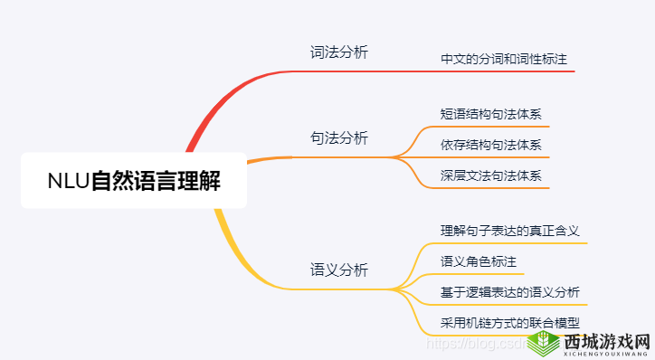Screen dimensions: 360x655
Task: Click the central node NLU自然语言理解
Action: [134, 180]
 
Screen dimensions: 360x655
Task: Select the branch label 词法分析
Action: [339, 52]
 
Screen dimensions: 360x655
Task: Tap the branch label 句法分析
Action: [339, 137]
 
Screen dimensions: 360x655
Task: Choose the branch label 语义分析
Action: [339, 270]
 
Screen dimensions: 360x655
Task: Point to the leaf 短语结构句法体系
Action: [490, 115]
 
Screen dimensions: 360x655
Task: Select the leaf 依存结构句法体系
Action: [490, 145]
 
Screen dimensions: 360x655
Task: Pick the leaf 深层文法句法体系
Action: [490, 175]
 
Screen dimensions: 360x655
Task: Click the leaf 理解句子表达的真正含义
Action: [509, 231]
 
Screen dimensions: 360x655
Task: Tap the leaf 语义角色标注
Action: [478, 261]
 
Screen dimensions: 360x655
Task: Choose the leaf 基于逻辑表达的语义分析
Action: [509, 292]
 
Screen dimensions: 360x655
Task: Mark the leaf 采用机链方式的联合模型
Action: [509, 322]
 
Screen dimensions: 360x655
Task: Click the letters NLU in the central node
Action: [68, 181]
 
